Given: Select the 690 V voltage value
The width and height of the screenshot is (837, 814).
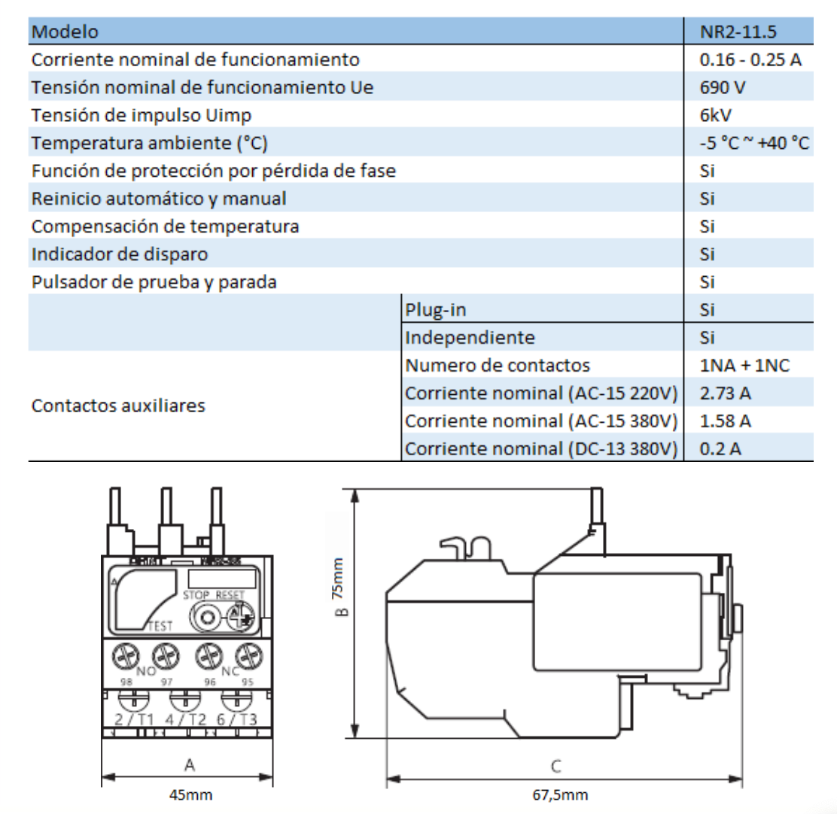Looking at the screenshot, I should (x=723, y=88).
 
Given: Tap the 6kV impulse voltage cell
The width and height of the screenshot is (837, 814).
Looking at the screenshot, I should (x=716, y=116).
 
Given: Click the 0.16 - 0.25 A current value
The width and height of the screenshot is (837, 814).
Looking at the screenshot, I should (x=750, y=60).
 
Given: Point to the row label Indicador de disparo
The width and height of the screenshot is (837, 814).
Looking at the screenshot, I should (x=120, y=254).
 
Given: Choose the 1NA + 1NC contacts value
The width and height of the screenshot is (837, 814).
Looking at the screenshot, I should (x=745, y=366).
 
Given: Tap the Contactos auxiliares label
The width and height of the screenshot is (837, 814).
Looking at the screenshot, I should (x=118, y=406).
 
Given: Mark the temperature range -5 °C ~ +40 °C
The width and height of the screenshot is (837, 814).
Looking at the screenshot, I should (x=754, y=144).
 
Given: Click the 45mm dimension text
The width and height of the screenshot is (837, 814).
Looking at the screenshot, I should (x=190, y=794).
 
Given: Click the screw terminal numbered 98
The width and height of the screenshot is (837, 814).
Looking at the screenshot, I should (x=125, y=657).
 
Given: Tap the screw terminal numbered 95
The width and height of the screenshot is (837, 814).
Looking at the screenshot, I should (x=245, y=657).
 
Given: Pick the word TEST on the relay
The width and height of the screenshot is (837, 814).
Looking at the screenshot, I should (x=160, y=625).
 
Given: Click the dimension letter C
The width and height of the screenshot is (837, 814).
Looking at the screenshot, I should (x=555, y=767).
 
